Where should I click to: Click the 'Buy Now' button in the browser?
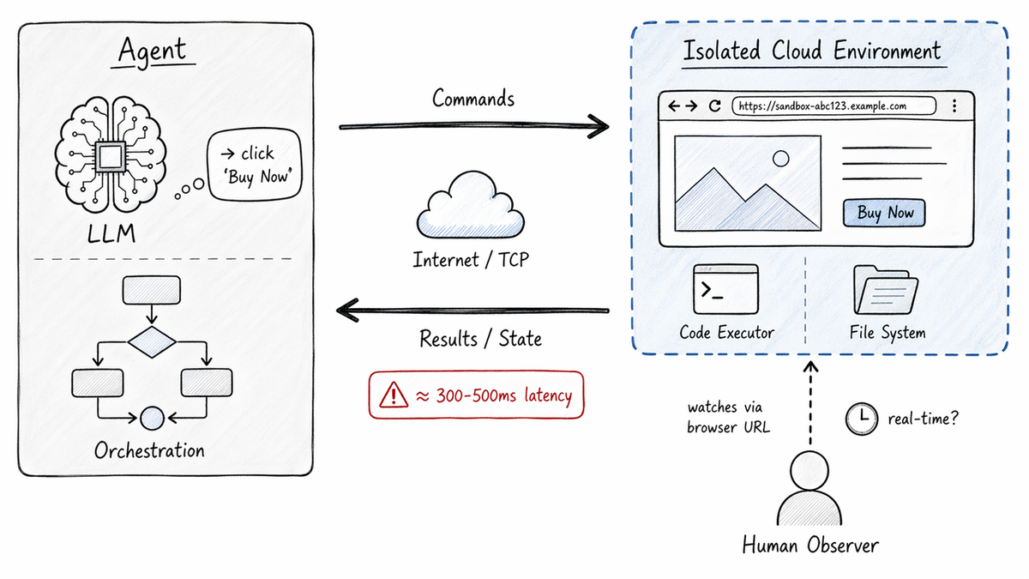pos(885,214)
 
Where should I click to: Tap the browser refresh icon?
pos(714,106)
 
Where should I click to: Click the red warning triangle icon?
pos(394,395)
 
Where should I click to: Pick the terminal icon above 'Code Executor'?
pos(725,290)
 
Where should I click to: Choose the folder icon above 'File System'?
pos(886,291)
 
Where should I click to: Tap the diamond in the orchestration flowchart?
pos(152,341)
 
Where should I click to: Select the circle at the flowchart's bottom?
pos(152,418)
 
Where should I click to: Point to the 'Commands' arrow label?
pos(473,98)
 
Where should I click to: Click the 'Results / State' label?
pos(480,339)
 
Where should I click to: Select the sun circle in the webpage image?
pos(780,159)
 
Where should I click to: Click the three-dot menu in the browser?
pos(954,106)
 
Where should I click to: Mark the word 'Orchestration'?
pos(150,450)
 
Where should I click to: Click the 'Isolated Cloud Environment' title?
pos(811,51)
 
